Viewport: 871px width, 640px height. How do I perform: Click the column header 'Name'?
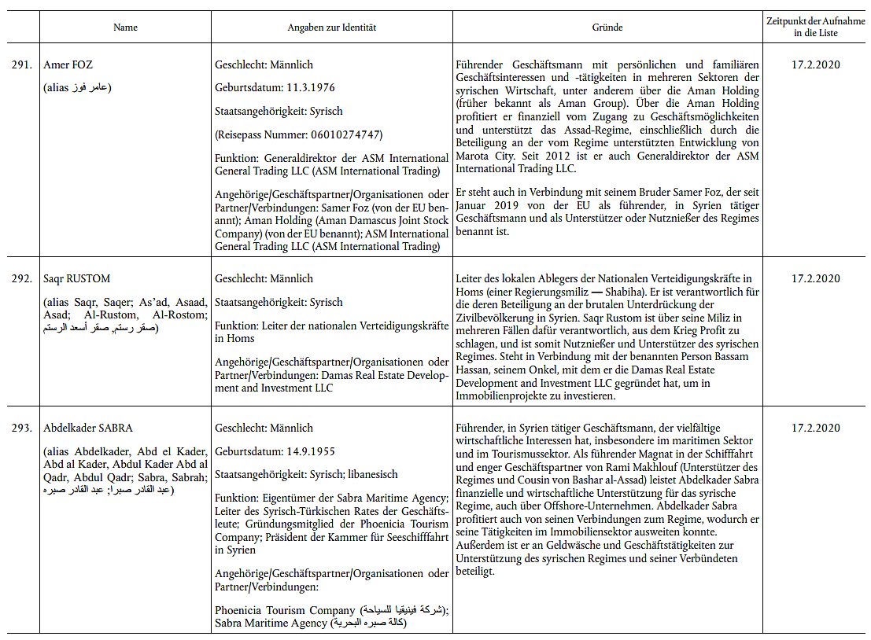(125, 28)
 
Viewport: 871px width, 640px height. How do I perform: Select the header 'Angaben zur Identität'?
(332, 28)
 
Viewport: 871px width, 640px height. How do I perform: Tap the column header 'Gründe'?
(607, 28)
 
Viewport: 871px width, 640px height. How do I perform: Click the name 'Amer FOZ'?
(68, 65)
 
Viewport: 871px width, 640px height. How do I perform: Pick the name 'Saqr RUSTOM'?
(77, 278)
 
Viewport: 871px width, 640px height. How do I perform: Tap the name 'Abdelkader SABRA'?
(88, 429)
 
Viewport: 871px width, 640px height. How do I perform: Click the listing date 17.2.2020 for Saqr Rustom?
(815, 278)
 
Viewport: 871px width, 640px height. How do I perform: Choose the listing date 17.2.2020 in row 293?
(815, 429)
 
